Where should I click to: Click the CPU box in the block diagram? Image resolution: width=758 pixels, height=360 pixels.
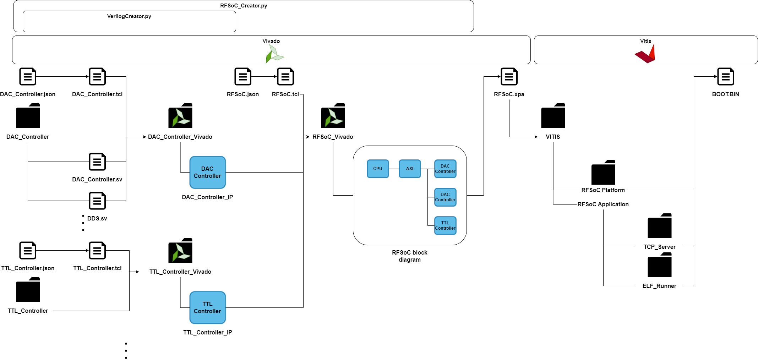(377, 169)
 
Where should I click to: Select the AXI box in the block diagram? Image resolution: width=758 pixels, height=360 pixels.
(409, 169)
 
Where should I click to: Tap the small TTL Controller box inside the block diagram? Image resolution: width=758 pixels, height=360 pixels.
(445, 225)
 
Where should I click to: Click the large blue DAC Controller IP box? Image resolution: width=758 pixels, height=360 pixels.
(207, 172)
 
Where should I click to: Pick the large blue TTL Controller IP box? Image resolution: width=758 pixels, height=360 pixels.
(207, 307)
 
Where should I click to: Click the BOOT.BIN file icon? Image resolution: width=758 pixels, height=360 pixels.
(725, 77)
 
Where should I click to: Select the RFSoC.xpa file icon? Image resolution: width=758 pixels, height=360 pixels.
(509, 77)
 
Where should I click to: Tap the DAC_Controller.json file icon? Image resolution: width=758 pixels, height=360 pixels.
(28, 77)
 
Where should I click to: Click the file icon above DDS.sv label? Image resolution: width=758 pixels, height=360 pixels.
(97, 201)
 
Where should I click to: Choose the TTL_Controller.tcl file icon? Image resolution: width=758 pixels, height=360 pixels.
(97, 251)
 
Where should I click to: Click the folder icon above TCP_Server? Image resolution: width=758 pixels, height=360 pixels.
(659, 226)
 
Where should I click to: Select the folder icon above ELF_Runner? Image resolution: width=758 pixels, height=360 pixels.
(659, 265)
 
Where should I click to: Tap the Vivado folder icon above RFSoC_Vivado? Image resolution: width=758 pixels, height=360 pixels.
(333, 116)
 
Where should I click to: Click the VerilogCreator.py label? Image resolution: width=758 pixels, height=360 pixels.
(129, 16)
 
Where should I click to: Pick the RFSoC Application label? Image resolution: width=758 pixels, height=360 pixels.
(603, 204)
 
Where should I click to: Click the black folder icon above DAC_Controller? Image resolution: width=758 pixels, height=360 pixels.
(28, 116)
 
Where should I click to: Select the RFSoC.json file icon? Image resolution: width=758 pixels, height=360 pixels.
(242, 77)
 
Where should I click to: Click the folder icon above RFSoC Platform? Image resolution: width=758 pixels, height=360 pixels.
(603, 173)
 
